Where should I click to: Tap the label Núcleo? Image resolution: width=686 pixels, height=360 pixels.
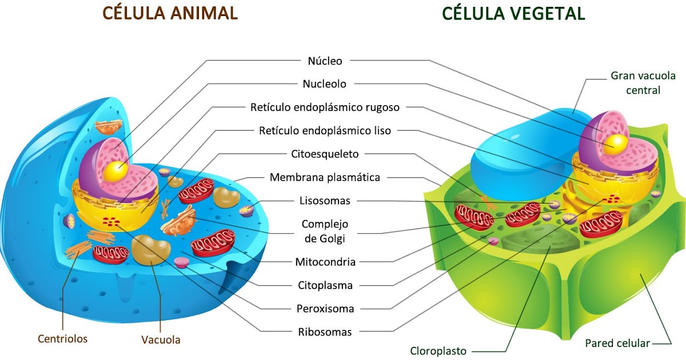(325, 61)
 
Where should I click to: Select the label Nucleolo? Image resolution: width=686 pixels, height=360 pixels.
(324, 84)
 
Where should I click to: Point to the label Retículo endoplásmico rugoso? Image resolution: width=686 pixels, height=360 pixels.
(325, 107)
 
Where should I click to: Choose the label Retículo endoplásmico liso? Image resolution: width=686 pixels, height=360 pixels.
(325, 131)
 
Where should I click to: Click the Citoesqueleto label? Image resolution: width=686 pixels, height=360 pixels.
(325, 154)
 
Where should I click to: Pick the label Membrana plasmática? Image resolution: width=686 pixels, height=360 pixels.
(325, 177)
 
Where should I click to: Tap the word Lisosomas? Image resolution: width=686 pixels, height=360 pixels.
(325, 201)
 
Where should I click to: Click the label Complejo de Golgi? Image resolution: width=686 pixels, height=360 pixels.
(325, 230)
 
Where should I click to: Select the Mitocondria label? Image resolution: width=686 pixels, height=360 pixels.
(325, 262)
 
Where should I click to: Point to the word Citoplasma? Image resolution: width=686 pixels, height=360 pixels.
(325, 285)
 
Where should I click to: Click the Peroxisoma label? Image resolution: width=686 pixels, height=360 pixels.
(325, 309)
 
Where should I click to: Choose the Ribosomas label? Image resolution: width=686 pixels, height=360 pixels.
(325, 332)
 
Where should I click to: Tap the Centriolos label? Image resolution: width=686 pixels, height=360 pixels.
(63, 339)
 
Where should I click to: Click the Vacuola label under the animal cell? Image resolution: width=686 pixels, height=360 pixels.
(161, 340)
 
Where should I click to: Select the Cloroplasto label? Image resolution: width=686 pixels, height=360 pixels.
(438, 351)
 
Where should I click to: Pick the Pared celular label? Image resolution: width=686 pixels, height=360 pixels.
(617, 343)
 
